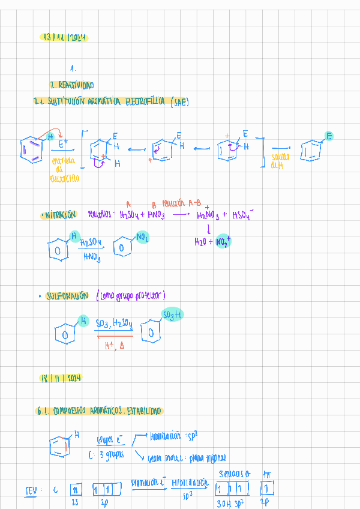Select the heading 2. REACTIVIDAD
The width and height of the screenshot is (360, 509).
click(71, 85)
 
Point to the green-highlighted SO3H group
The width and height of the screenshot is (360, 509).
click(172, 315)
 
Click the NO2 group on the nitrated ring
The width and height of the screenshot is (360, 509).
click(142, 238)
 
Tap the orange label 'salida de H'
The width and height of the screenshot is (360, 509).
click(280, 161)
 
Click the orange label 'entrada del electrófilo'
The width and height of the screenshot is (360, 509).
click(66, 169)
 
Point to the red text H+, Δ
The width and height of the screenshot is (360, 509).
click(113, 346)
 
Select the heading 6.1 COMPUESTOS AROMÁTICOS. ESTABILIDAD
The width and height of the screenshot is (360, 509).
click(98, 411)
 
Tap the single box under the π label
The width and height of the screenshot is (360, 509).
click(267, 487)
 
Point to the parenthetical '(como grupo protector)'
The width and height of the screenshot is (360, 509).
click(130, 295)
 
